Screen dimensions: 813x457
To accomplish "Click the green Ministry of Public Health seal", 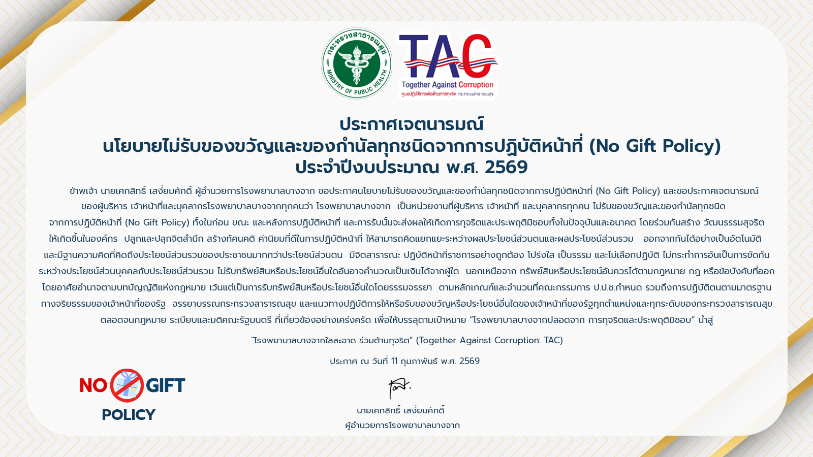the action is pyautogui.click(x=356, y=63).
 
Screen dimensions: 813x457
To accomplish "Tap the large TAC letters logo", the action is pyautogui.click(x=448, y=56).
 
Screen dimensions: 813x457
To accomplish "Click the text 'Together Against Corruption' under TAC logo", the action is pyautogui.click(x=448, y=85).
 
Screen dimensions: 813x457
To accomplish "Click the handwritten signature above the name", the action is pyautogui.click(x=399, y=388).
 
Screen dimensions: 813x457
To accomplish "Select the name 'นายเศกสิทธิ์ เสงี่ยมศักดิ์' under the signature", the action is pyautogui.click(x=401, y=411).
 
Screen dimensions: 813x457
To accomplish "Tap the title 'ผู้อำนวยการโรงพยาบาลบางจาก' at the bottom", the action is pyautogui.click(x=402, y=425).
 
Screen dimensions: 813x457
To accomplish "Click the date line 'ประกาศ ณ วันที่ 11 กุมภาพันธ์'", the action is pyautogui.click(x=384, y=361).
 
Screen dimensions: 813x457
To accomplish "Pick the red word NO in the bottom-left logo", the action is pyautogui.click(x=93, y=385).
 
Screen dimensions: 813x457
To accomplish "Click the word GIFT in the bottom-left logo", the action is pyautogui.click(x=166, y=385).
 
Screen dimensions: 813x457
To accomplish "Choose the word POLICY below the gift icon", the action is pyautogui.click(x=129, y=414).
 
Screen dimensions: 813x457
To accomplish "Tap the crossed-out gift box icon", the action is pyautogui.click(x=127, y=385).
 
